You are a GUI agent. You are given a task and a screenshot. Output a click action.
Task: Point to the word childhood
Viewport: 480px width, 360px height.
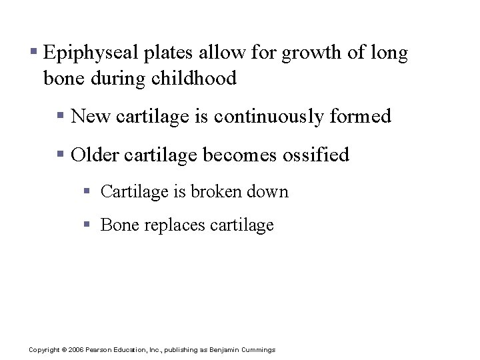pos(194,79)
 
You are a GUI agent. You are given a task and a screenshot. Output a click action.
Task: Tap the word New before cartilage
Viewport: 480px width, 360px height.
pos(91,117)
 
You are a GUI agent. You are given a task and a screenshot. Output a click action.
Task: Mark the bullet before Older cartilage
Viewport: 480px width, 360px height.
pos(60,153)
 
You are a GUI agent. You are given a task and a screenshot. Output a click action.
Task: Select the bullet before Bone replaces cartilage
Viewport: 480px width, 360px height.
pos(87,224)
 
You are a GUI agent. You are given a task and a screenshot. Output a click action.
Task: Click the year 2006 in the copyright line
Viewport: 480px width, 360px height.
pos(78,350)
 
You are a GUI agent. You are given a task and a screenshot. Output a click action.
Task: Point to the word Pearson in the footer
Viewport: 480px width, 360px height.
pos(100,350)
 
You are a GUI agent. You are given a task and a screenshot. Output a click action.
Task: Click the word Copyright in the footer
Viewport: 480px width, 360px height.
pos(44,350)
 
